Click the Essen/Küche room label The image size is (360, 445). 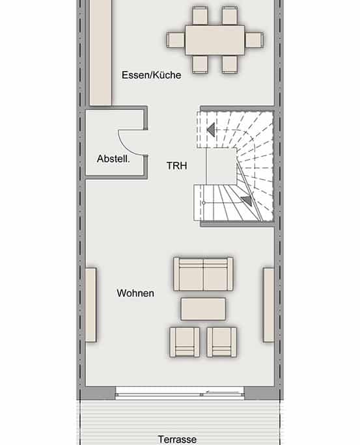click(x=151, y=75)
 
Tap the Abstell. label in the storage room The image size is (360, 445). click(x=113, y=159)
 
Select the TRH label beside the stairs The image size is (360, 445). click(x=176, y=166)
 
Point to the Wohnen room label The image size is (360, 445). click(x=135, y=293)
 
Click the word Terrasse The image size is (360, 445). click(x=177, y=439)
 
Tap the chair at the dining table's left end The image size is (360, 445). click(x=176, y=40)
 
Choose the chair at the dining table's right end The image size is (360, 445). click(x=254, y=40)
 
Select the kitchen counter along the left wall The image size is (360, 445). click(x=100, y=52)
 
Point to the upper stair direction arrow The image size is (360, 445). click(x=210, y=130)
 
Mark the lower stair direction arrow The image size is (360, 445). click(x=245, y=201)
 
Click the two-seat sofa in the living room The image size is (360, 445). click(x=203, y=274)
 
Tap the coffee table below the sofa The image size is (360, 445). click(x=203, y=308)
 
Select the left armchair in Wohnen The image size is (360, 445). click(x=184, y=342)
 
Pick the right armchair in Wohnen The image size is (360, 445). click(x=222, y=342)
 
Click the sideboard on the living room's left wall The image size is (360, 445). click(x=90, y=304)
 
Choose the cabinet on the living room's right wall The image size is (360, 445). click(x=268, y=304)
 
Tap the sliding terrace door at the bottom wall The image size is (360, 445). click(x=180, y=392)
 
